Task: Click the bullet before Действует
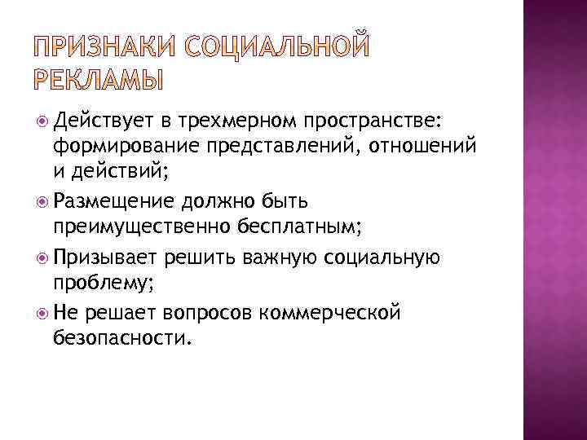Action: coord(42,122)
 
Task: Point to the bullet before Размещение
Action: coord(42,200)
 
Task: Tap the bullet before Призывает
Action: coord(42,257)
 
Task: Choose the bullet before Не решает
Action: coord(42,314)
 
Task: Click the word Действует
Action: coord(102,122)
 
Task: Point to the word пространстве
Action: coord(373,122)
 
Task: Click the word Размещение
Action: coord(110,200)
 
